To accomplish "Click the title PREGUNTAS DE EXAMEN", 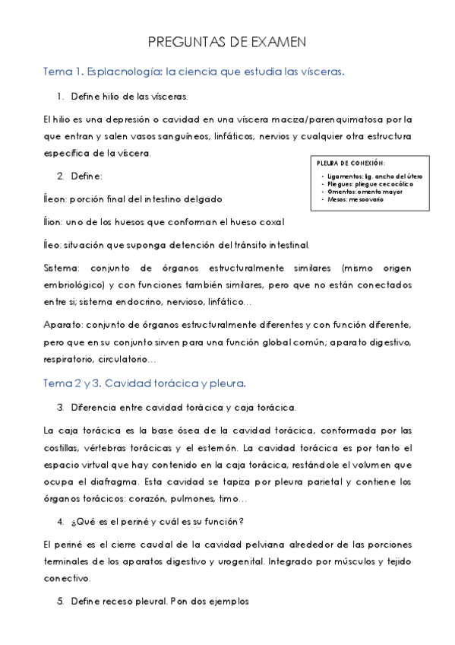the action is point(227,43).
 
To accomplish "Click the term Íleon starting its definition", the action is point(55,199).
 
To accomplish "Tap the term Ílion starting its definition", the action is point(54,222).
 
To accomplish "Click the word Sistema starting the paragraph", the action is point(61,268).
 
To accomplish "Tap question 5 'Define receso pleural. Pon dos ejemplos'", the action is point(160,601).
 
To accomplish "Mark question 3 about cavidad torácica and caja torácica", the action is point(178,407).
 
